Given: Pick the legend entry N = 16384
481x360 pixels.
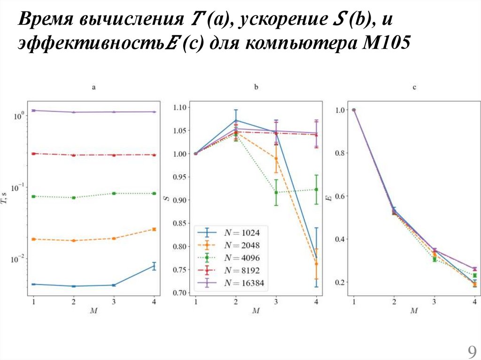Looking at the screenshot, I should click(245, 283).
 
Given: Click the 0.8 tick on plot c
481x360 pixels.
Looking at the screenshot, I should click(341, 153).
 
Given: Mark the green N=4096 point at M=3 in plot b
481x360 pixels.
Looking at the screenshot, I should click(276, 192).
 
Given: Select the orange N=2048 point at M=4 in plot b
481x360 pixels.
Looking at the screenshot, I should click(316, 264).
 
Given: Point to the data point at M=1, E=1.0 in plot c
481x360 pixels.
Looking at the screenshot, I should click(354, 110).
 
